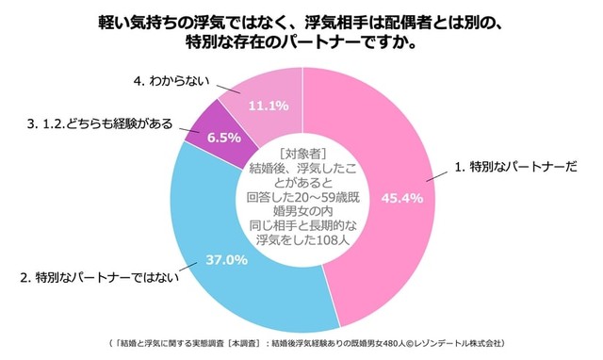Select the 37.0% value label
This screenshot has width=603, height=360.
[x=228, y=258]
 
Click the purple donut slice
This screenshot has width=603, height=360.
[x=209, y=132]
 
